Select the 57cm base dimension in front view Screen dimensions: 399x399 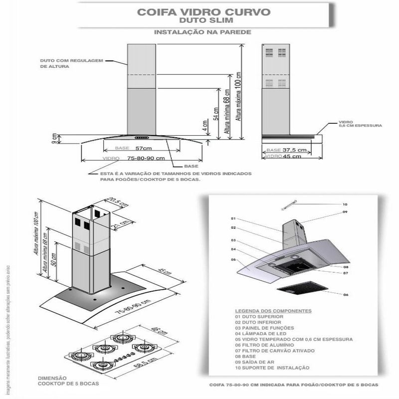(143, 149)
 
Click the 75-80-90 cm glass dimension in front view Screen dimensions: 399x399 (146, 158)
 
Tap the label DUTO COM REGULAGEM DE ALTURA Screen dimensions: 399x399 (71, 63)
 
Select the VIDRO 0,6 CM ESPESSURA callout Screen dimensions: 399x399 (360, 124)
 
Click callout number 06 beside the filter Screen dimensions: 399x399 (345, 295)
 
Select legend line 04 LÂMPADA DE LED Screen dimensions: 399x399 (259, 333)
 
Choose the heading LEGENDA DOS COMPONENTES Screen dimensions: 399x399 (273, 311)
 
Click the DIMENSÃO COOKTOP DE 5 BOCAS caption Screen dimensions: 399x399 (68, 380)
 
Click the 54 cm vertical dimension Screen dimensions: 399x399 (215, 114)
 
